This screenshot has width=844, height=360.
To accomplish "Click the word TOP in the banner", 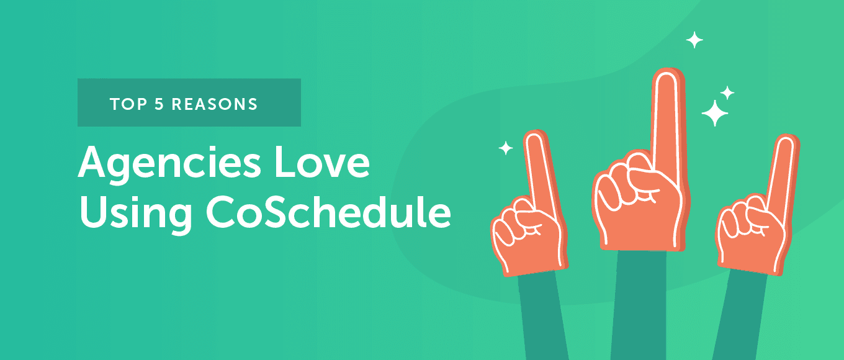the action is [128, 104].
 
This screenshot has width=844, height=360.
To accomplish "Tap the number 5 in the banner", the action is [159, 104].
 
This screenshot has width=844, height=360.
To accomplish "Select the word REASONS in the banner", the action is [215, 104].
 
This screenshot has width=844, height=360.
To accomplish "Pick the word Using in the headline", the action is [135, 214].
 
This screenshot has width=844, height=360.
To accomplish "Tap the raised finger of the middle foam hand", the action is [668, 124].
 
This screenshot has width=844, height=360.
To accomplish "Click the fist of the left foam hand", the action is [527, 238].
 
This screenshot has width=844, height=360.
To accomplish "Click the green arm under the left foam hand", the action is [542, 317].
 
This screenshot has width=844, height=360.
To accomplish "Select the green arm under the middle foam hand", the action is [639, 305].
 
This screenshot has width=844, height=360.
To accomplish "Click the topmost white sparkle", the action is [694, 40].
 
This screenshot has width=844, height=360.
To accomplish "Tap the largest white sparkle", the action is [714, 113].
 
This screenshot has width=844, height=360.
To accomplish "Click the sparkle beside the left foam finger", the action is [506, 148].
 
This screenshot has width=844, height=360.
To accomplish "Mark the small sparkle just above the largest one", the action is [727, 92].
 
